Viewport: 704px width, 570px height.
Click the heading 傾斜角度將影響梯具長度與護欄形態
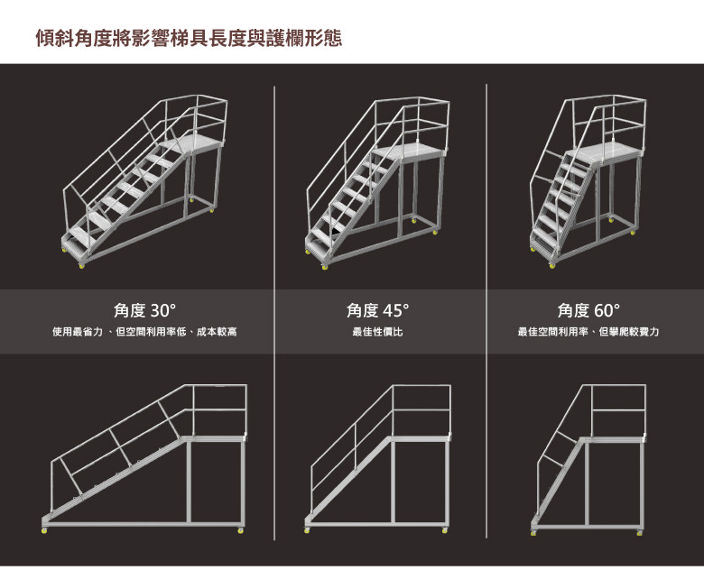pyautogui.click(x=189, y=38)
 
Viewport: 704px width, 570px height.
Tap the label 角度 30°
pyautogui.click(x=144, y=310)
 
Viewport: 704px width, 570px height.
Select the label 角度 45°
pyautogui.click(x=377, y=310)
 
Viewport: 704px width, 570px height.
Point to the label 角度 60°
pyautogui.click(x=588, y=310)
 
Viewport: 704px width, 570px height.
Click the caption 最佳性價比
pyautogui.click(x=377, y=332)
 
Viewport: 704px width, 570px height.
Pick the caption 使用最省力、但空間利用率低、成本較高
pyautogui.click(x=144, y=332)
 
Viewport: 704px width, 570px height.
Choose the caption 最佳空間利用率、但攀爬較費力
pyautogui.click(x=588, y=332)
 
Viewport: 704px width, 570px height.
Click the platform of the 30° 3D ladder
pyautogui.click(x=192, y=144)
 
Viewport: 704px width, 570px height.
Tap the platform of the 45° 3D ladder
pyautogui.click(x=409, y=151)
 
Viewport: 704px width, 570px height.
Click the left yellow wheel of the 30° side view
pyautogui.click(x=44, y=531)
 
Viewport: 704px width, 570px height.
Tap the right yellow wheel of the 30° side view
pyautogui.click(x=241, y=531)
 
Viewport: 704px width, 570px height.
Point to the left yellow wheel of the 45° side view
pyautogui.click(x=307, y=531)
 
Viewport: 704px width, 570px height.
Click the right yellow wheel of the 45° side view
pyautogui.click(x=444, y=531)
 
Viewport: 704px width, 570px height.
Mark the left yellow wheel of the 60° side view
pyautogui.click(x=533, y=533)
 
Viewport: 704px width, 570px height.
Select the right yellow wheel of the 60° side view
pyautogui.click(x=640, y=533)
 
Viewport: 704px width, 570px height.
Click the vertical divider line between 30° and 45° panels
pyautogui.click(x=274, y=313)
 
